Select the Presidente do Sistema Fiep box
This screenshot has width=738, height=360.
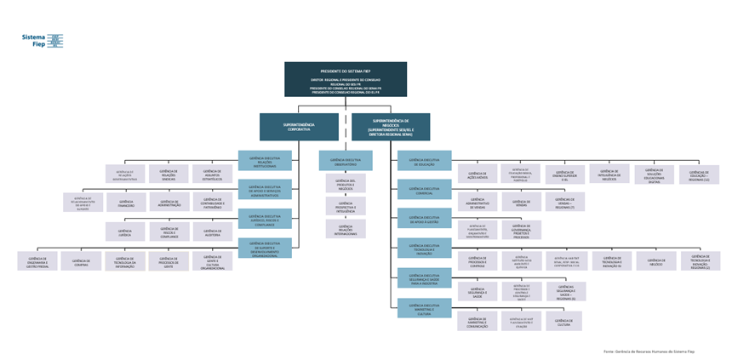(345, 79)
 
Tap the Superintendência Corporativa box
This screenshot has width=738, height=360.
(299, 127)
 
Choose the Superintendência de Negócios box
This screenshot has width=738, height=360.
(391, 127)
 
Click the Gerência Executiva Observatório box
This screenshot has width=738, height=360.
(345, 160)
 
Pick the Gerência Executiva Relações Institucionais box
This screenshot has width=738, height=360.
(265, 160)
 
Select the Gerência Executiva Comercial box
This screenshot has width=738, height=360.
(424, 190)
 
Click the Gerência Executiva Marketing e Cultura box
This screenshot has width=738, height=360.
(424, 308)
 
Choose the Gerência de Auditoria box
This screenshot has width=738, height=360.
(212, 231)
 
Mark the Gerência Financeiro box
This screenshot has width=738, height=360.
(126, 203)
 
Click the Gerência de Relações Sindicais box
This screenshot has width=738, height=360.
(169, 174)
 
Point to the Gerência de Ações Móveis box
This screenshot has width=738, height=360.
(477, 175)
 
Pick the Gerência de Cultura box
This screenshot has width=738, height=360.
(564, 321)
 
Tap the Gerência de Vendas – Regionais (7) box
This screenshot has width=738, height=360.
(564, 203)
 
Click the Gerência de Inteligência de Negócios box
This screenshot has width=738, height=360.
(609, 174)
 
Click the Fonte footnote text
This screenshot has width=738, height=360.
(649, 351)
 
